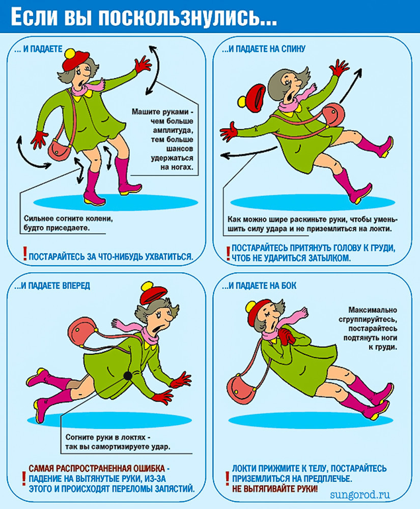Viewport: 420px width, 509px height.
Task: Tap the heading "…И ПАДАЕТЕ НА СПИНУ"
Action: pos(264,49)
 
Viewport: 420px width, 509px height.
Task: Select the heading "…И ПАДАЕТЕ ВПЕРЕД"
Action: pos(52,286)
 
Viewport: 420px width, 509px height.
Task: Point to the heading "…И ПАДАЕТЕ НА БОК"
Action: pos(259,286)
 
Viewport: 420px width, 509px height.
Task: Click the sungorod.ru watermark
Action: pos(359,495)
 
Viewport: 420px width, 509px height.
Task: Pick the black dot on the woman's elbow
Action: pos(128,376)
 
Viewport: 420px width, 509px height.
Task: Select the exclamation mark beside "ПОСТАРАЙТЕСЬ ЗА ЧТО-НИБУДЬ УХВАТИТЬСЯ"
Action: pos(24,253)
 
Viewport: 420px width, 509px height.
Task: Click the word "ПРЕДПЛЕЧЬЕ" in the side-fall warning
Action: pos(320,478)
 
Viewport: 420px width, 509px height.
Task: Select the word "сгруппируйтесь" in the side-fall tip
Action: pos(368,319)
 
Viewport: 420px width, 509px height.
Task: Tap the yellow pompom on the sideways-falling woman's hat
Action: pos(251,307)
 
